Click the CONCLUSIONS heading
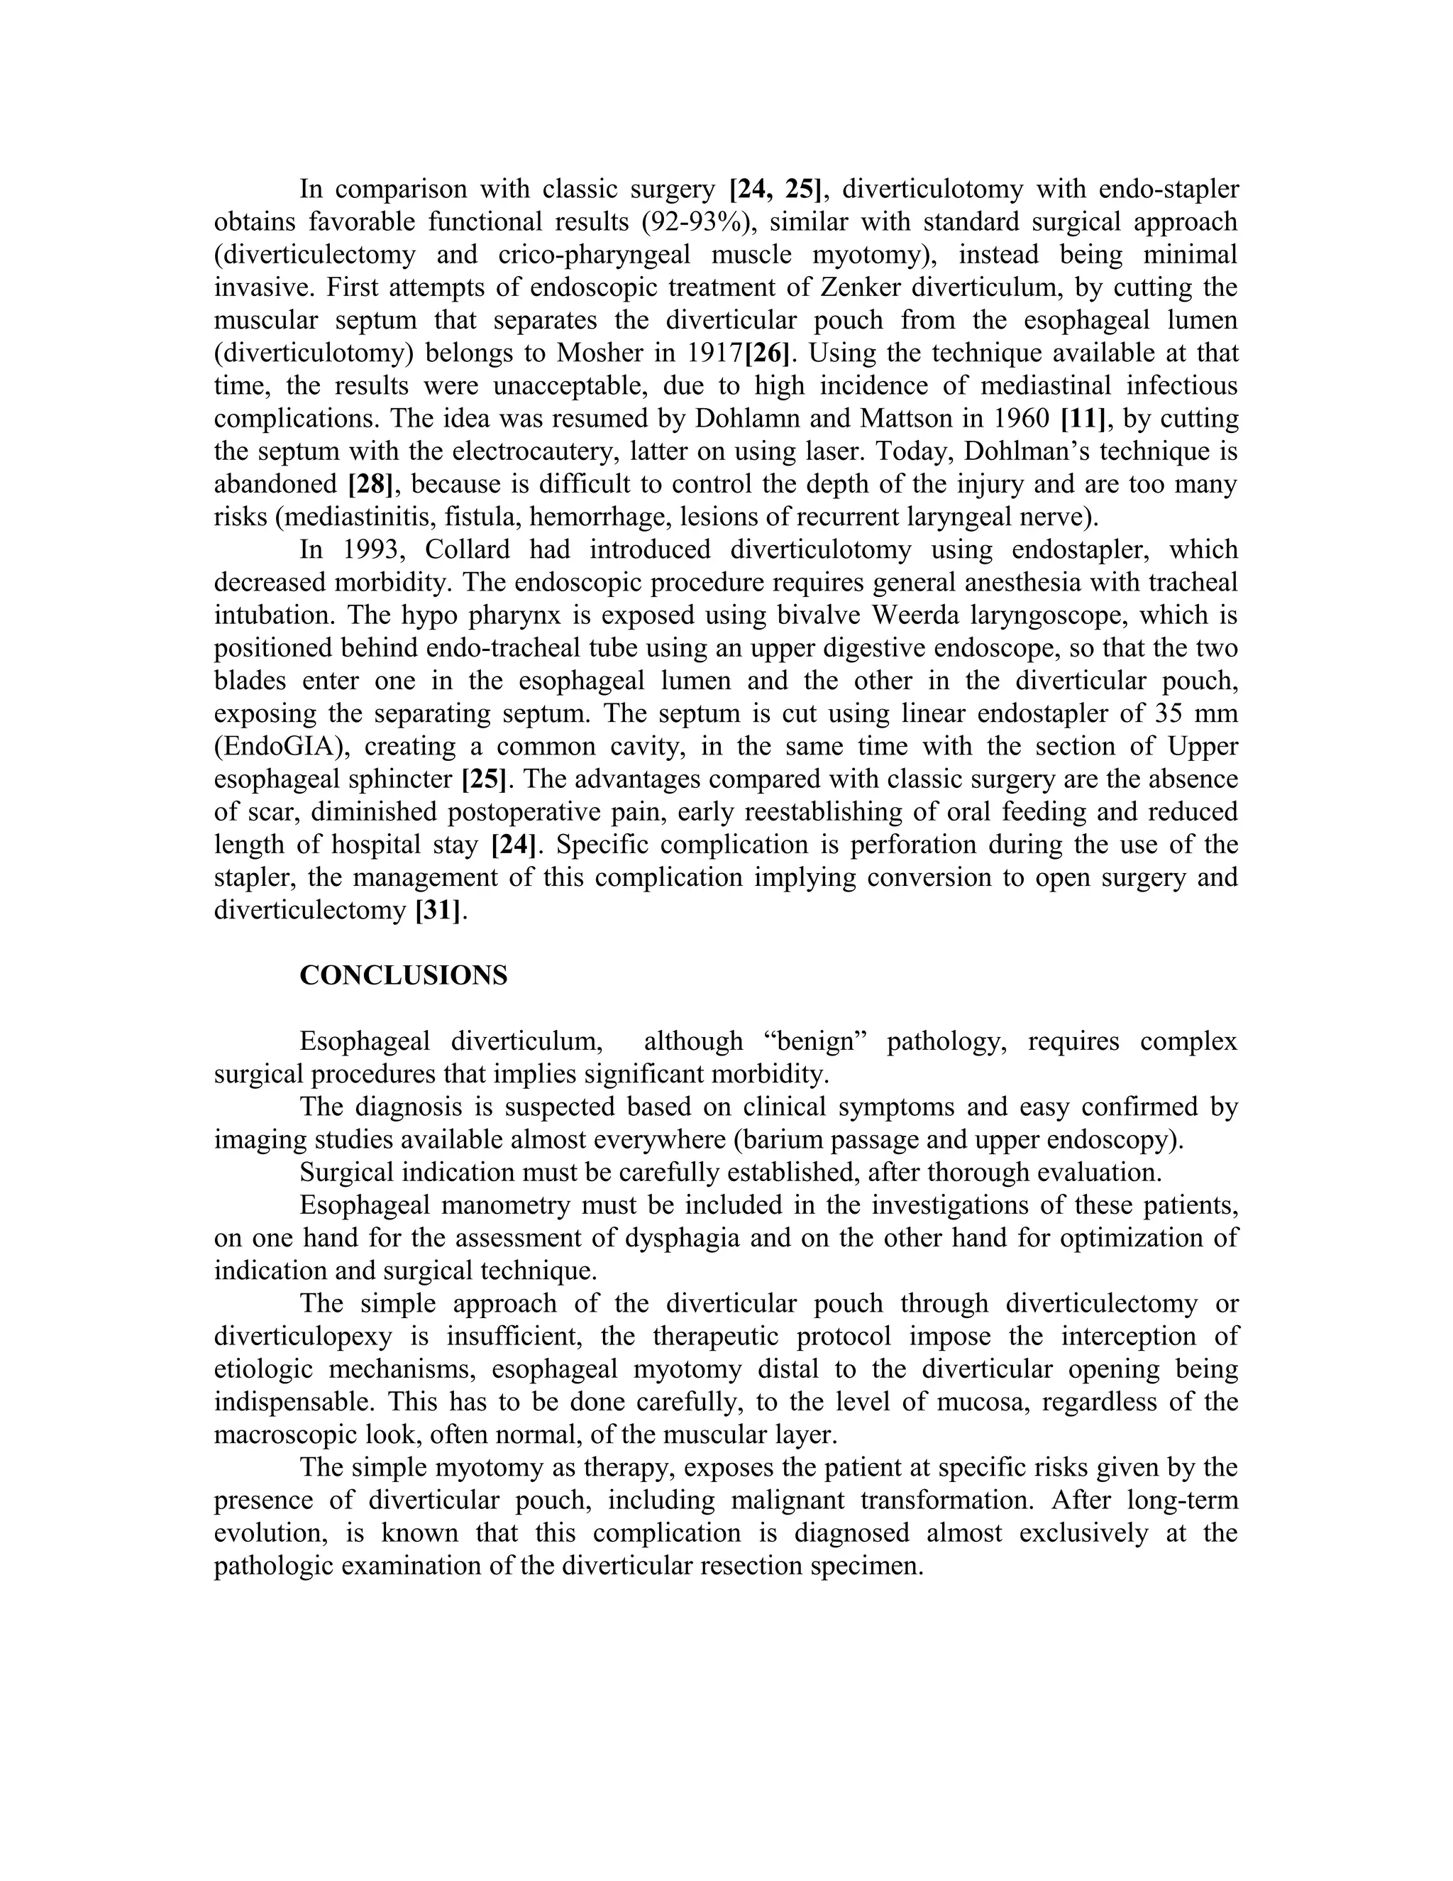403,976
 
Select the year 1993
375,549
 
